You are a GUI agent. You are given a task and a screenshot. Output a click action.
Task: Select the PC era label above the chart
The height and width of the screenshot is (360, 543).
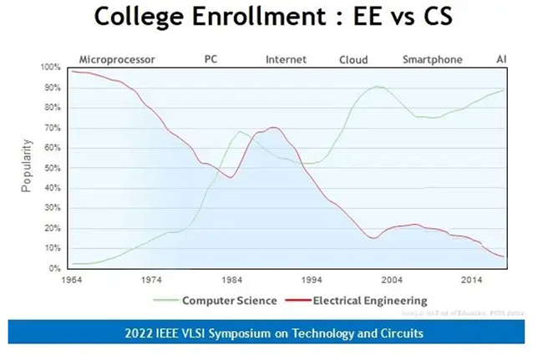211,59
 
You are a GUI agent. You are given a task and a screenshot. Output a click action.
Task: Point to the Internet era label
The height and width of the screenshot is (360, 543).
286,59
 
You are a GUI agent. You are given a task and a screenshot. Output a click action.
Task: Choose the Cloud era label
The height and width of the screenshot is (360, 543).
353,59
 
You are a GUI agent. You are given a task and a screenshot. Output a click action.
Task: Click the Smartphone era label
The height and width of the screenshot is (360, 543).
432,59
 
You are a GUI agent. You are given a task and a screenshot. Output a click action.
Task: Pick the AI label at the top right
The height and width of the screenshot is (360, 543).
501,59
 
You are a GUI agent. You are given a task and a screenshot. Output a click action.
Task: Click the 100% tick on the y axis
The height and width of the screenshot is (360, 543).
51,67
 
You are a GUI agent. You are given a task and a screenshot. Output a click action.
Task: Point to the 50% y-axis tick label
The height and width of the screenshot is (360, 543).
53,168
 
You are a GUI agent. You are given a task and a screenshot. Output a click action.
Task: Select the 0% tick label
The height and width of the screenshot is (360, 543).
55,268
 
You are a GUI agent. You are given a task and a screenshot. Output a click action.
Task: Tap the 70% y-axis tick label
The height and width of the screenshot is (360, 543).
53,128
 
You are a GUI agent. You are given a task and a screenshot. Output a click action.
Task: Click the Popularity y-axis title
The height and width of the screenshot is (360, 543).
27,167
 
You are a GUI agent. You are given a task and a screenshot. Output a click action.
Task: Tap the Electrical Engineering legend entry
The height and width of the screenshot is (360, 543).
363,299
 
